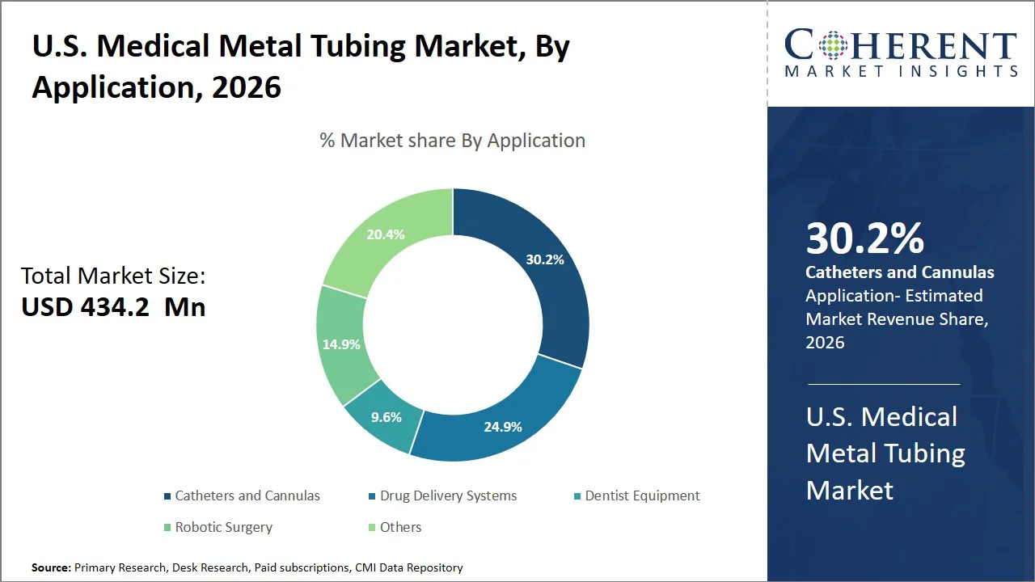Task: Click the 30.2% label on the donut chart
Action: [x=544, y=259]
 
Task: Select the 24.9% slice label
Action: [x=502, y=426]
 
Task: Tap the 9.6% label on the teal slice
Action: [x=386, y=417]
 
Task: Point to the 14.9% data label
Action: [x=340, y=344]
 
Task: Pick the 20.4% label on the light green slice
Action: [x=385, y=234]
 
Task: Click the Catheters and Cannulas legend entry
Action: [x=247, y=496]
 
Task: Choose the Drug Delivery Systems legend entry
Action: [x=448, y=496]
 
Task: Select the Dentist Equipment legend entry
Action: [x=642, y=496]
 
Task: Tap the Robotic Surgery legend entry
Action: [x=223, y=527]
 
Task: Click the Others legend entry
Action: [x=400, y=527]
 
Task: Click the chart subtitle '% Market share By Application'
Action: [x=452, y=140]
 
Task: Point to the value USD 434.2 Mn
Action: [x=113, y=307]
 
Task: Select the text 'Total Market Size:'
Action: [x=113, y=276]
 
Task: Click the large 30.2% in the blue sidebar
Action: [x=864, y=238]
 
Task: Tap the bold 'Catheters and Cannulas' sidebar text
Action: [x=900, y=272]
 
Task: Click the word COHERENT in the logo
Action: [x=901, y=46]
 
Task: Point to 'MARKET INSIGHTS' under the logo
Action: [x=901, y=71]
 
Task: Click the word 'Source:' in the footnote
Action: [x=51, y=567]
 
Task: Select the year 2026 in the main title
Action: [x=247, y=86]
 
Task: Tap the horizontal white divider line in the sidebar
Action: [x=884, y=384]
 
